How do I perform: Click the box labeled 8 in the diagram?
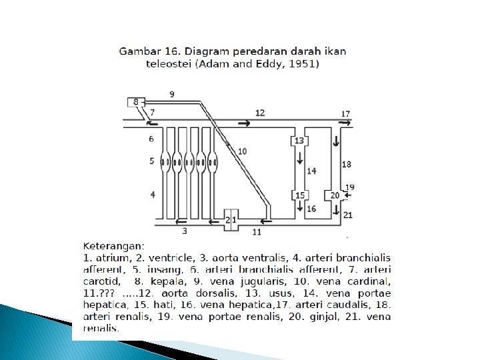coord(135,102)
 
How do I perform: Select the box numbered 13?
coord(299,140)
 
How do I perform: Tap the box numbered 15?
coord(299,195)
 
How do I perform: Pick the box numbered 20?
coord(335,195)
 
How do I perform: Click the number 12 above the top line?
coord(259,113)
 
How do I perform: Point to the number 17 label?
coord(345,114)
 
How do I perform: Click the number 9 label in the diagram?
coord(172,94)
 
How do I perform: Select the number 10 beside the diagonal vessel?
coord(242,151)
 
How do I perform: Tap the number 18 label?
coord(346,164)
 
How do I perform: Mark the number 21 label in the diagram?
coord(348,215)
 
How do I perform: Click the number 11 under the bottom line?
coord(257,232)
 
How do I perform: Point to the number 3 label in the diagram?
coord(185,231)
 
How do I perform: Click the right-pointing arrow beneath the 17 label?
coord(344,123)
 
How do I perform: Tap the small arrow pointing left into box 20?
coord(345,195)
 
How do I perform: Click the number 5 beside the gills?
coord(151,161)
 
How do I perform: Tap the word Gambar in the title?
coord(139,51)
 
